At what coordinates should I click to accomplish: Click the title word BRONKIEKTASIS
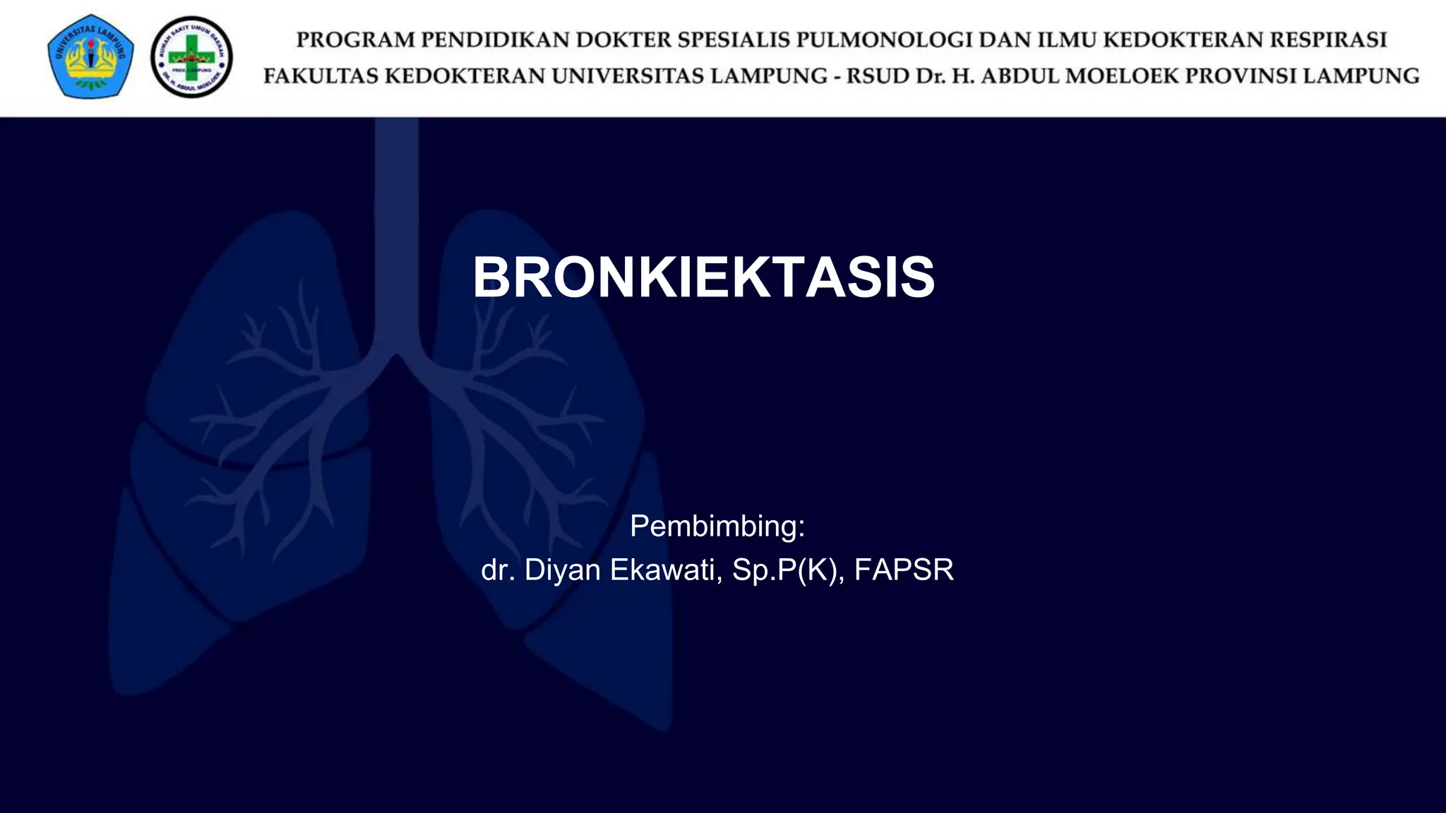click(x=703, y=277)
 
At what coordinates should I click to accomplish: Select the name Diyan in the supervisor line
click(x=563, y=570)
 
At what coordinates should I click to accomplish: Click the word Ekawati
click(x=666, y=570)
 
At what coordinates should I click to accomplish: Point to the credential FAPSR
click(x=904, y=570)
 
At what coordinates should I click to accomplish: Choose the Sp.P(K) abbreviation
click(x=787, y=570)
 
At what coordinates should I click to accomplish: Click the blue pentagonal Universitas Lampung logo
click(x=90, y=56)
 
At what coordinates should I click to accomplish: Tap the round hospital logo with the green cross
click(x=191, y=57)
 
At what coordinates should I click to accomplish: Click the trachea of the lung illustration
click(x=396, y=233)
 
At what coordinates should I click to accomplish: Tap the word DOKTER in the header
click(x=621, y=40)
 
